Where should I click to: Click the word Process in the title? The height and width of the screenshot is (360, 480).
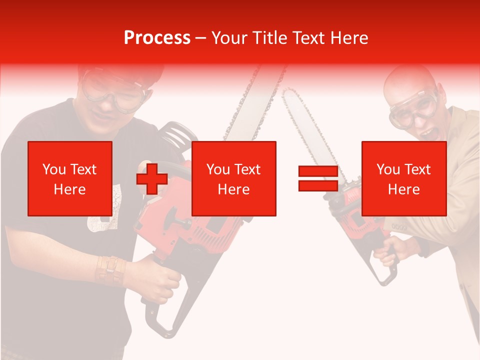[x=157, y=38]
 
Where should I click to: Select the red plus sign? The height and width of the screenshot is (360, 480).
[x=152, y=178]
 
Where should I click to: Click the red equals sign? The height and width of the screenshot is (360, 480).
[x=318, y=178]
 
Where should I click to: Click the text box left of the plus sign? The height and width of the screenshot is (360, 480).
[x=70, y=178]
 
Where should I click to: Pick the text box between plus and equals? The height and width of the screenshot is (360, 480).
[x=234, y=178]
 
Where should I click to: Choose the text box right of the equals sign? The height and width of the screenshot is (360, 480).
[x=404, y=178]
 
